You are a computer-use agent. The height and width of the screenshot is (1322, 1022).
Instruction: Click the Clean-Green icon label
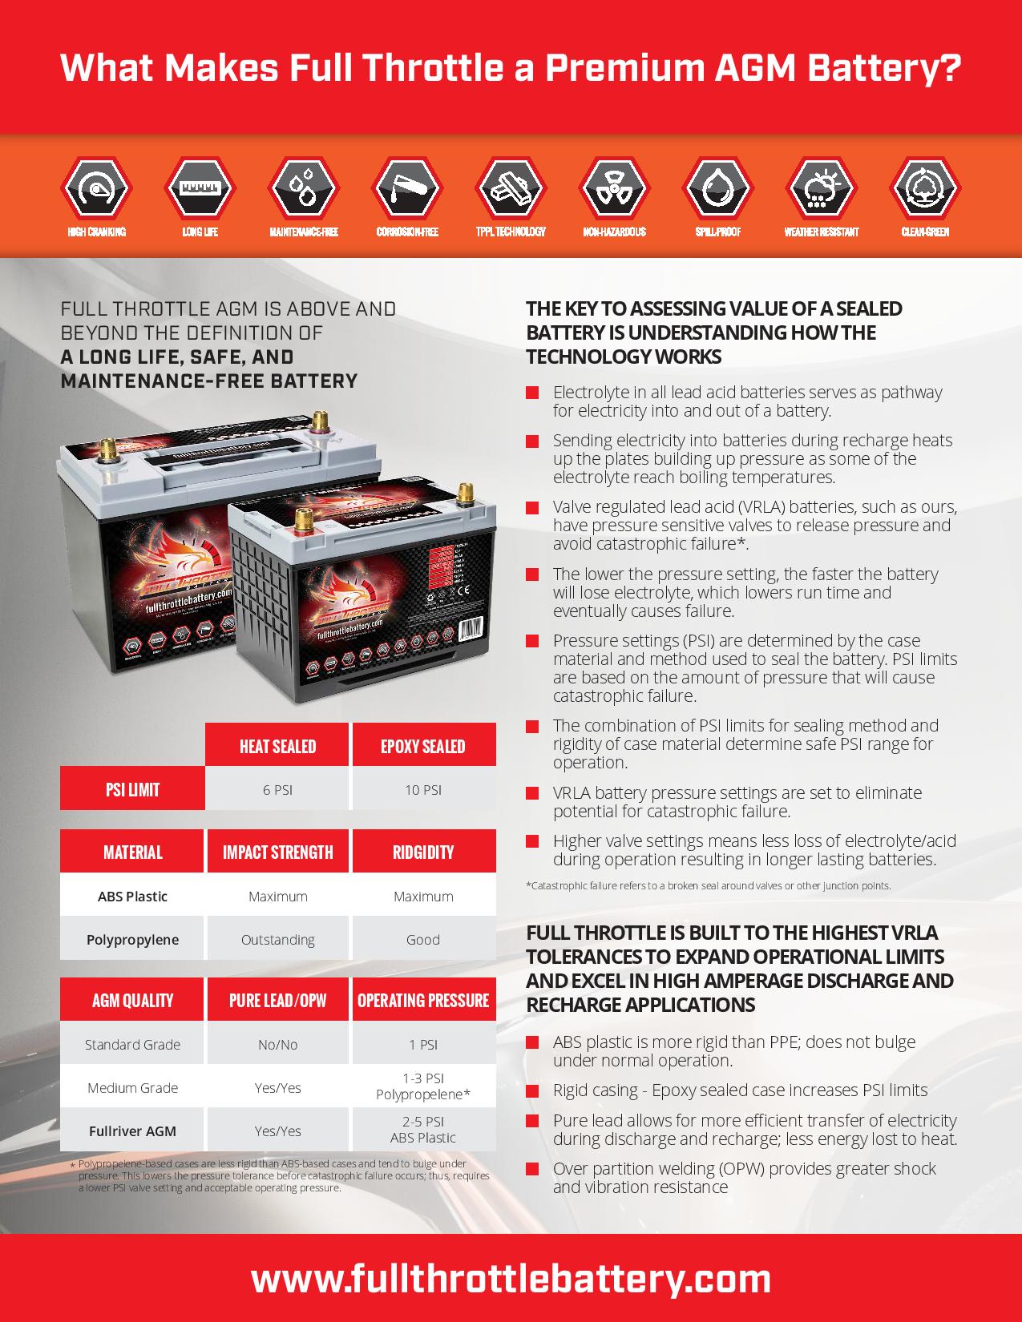tap(925, 232)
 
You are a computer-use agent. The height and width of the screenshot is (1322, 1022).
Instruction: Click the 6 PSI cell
tap(277, 790)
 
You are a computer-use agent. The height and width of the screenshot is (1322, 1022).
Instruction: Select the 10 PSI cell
tap(423, 790)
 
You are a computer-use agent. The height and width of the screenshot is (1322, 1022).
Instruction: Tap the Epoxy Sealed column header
tap(423, 747)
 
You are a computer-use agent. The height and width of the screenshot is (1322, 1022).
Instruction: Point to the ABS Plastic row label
tap(132, 897)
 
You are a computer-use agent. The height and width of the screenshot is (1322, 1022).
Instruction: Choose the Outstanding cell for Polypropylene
tap(277, 940)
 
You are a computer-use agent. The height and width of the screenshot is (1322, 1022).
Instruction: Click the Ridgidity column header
tap(423, 852)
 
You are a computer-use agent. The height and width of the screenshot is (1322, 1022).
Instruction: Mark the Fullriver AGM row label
tap(132, 1131)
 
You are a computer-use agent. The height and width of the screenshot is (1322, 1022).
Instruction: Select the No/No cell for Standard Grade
tap(277, 1045)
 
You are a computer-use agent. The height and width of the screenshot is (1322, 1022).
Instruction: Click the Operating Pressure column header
tap(423, 1001)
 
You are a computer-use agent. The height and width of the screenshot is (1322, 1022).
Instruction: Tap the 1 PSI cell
tap(423, 1045)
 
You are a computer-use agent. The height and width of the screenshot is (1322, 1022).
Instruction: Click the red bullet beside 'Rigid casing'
tap(532, 1091)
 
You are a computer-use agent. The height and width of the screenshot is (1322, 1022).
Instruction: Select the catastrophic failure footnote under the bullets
tap(708, 886)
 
